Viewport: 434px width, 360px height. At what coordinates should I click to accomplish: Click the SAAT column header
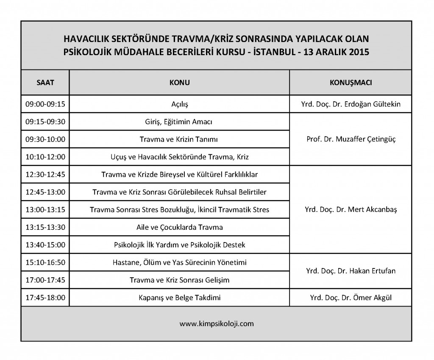pyautogui.click(x=45, y=82)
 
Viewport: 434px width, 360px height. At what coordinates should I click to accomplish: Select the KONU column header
pyautogui.click(x=179, y=82)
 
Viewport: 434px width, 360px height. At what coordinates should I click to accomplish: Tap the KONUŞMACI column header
pyautogui.click(x=351, y=82)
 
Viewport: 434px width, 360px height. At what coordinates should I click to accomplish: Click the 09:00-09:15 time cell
pyautogui.click(x=45, y=104)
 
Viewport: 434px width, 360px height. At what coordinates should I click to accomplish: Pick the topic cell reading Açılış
pyautogui.click(x=179, y=104)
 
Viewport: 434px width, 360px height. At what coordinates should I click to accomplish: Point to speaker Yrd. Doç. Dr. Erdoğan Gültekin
pyautogui.click(x=351, y=104)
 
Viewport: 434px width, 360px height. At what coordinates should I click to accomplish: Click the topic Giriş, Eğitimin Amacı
pyautogui.click(x=179, y=122)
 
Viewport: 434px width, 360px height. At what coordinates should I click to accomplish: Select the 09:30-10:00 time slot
pyautogui.click(x=45, y=139)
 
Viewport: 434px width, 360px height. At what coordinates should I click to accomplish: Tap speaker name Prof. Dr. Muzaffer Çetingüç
pyautogui.click(x=351, y=139)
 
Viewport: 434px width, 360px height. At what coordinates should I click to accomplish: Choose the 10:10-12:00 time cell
pyautogui.click(x=45, y=157)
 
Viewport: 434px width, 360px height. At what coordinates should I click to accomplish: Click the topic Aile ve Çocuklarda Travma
pyautogui.click(x=179, y=227)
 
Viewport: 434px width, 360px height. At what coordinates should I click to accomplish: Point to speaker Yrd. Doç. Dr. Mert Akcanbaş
pyautogui.click(x=351, y=209)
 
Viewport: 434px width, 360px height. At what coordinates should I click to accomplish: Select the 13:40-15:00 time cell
pyautogui.click(x=45, y=245)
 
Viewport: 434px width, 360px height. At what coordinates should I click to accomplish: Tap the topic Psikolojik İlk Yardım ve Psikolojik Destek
pyautogui.click(x=179, y=245)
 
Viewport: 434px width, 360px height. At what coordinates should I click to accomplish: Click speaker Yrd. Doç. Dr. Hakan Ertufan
pyautogui.click(x=351, y=271)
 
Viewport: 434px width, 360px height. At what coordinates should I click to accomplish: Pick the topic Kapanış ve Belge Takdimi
pyautogui.click(x=179, y=298)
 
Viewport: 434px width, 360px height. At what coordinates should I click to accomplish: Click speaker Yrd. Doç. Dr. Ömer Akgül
pyautogui.click(x=351, y=298)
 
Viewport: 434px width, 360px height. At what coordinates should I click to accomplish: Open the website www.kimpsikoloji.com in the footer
pyautogui.click(x=217, y=324)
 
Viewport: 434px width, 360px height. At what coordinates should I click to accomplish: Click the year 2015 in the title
pyautogui.click(x=360, y=53)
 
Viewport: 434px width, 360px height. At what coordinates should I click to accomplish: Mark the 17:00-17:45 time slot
pyautogui.click(x=45, y=280)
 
